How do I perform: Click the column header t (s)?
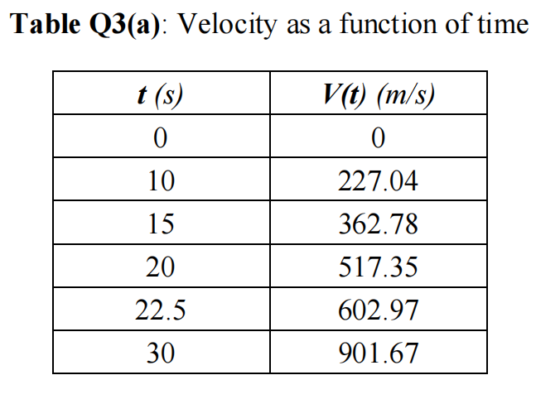pyautogui.click(x=160, y=94)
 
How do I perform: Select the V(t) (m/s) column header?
pyautogui.click(x=378, y=94)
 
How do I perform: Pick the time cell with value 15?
pyautogui.click(x=160, y=224)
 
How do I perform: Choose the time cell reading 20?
pyautogui.click(x=160, y=267)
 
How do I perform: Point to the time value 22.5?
pyautogui.click(x=160, y=311)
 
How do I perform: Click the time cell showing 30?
pyautogui.click(x=160, y=354)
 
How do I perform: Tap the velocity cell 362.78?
pyautogui.click(x=379, y=224)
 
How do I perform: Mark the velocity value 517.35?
pyautogui.click(x=379, y=267)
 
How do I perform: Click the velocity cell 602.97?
pyautogui.click(x=379, y=311)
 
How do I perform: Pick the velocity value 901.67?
pyautogui.click(x=379, y=354)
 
